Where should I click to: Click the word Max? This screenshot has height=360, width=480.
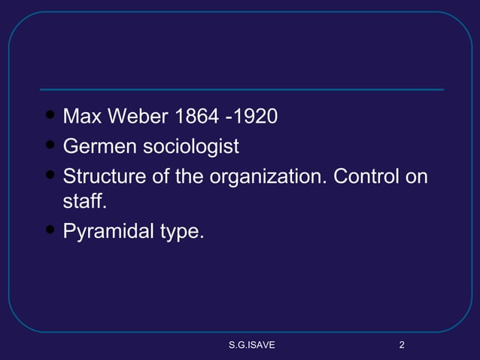83,117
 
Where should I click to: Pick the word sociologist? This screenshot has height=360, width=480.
191,146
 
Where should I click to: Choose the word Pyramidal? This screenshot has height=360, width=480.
108,233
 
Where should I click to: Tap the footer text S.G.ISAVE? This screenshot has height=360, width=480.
251,346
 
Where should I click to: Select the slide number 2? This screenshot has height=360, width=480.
402,346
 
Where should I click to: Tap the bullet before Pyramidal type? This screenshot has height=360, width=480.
50,230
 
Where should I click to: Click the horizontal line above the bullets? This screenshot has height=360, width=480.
241,90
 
